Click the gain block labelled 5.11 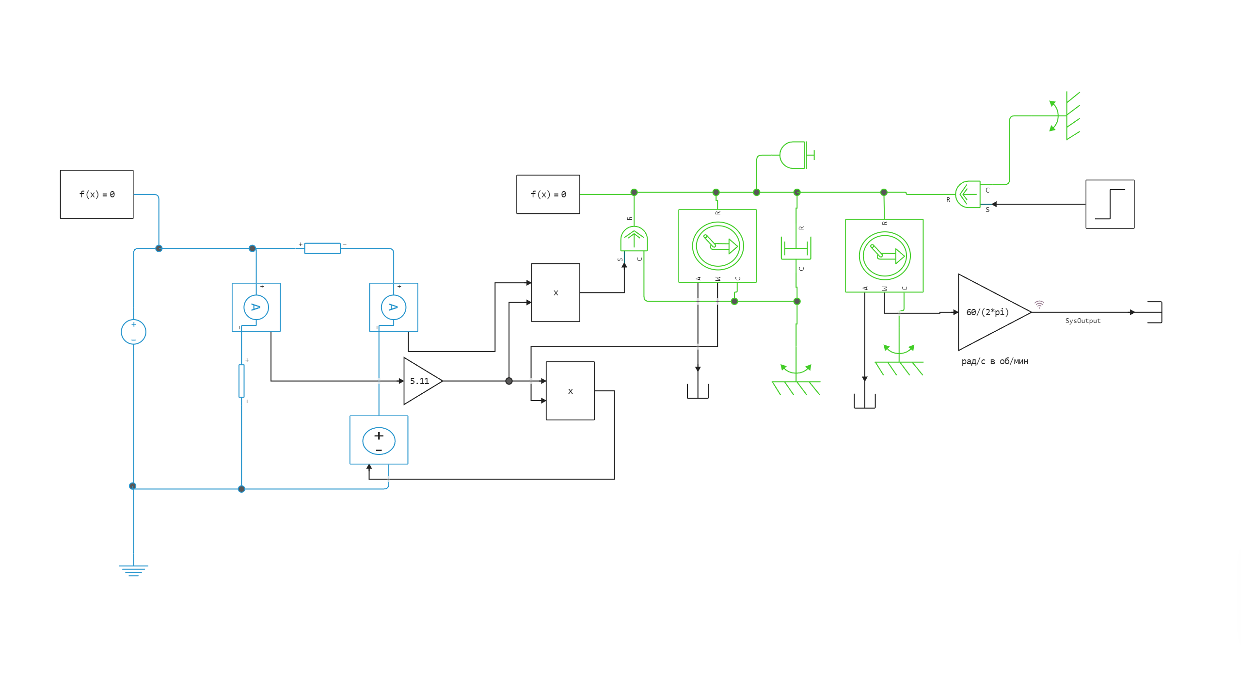[420, 381]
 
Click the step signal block [1110, 204]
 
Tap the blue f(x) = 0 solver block [97, 194]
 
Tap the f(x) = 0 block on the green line [548, 194]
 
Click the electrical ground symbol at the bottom [133, 570]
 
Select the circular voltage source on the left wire [133, 332]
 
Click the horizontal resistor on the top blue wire [322, 248]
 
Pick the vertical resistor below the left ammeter [241, 381]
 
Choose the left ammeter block [256, 307]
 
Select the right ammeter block [393, 307]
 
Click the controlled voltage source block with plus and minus [379, 440]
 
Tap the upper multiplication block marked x [556, 292]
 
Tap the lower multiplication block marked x [570, 391]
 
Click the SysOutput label [1082, 321]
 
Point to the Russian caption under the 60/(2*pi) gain [994, 361]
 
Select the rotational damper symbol [796, 248]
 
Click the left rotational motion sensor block [717, 246]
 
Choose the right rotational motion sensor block [884, 256]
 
